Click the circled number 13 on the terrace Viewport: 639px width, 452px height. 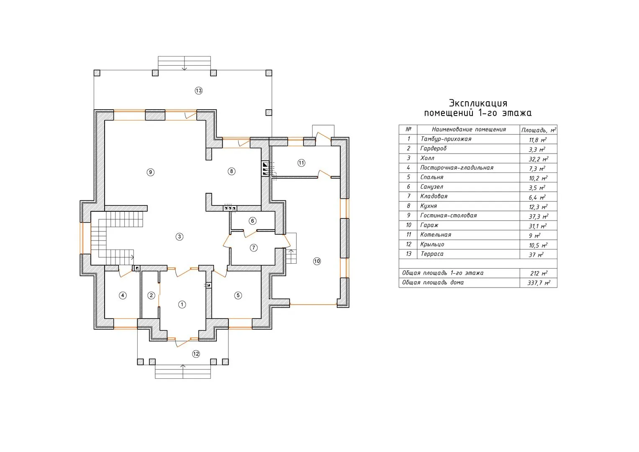pyautogui.click(x=198, y=91)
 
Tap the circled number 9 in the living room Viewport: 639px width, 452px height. pyautogui.click(x=151, y=172)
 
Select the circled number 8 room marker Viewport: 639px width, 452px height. pyautogui.click(x=231, y=172)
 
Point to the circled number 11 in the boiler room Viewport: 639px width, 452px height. pyautogui.click(x=302, y=163)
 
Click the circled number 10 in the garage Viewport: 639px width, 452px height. pyautogui.click(x=317, y=261)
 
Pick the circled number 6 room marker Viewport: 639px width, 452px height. pyautogui.click(x=252, y=221)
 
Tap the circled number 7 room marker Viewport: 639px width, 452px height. pyautogui.click(x=254, y=248)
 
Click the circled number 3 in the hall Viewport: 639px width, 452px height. pyautogui.click(x=180, y=236)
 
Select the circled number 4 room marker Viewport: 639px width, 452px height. pyautogui.click(x=123, y=295)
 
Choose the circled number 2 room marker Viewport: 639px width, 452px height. pyautogui.click(x=151, y=295)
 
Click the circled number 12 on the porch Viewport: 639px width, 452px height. pyautogui.click(x=196, y=354)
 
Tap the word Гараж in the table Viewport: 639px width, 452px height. pyautogui.click(x=429, y=225)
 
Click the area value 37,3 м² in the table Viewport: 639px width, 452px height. pyautogui.click(x=538, y=216)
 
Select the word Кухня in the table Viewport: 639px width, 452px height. pyautogui.click(x=429, y=206)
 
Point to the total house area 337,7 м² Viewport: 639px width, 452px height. pyautogui.click(x=539, y=283)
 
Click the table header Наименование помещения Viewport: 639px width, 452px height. pyautogui.click(x=469, y=129)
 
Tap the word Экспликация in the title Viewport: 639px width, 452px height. pyautogui.click(x=478, y=103)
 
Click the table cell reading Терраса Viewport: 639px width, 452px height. pyautogui.click(x=432, y=254)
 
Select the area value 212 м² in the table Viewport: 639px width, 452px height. pyautogui.click(x=539, y=273)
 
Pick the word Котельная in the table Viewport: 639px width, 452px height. pyautogui.click(x=436, y=234)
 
